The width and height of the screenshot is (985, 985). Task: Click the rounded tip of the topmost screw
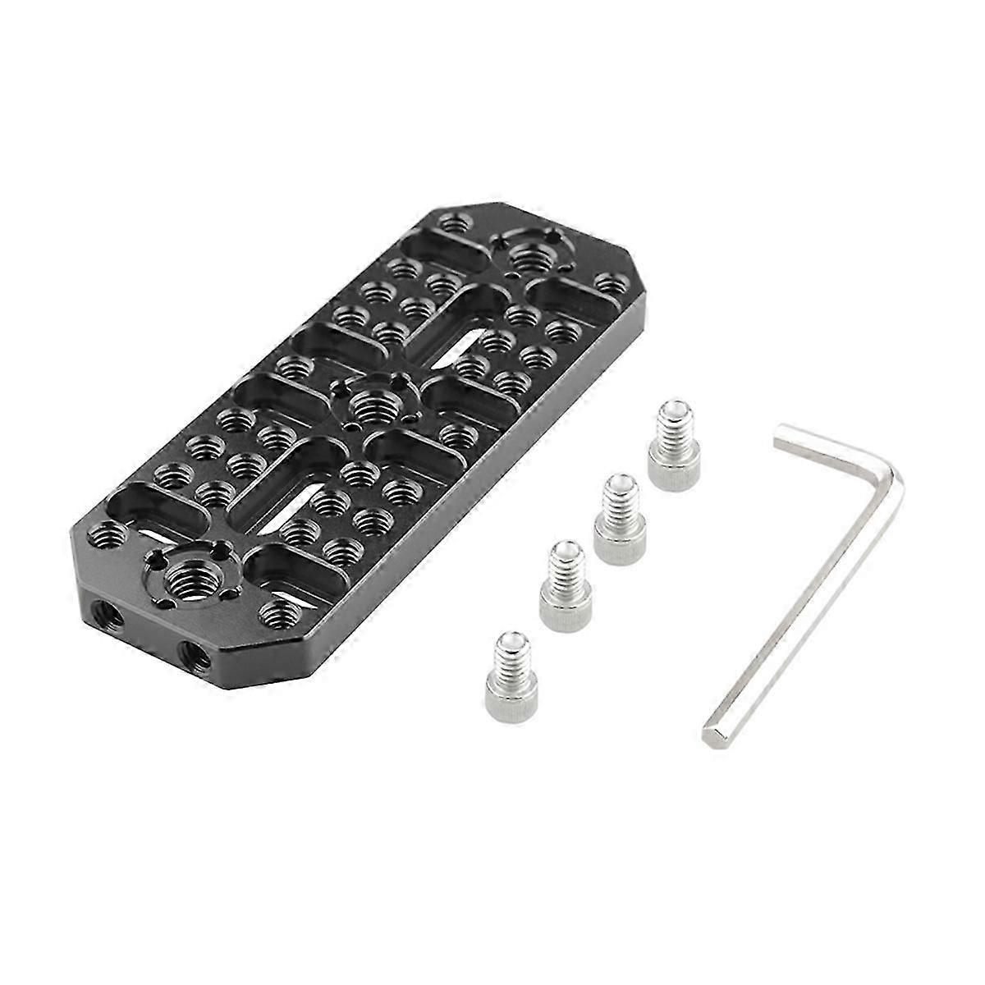pyautogui.click(x=675, y=409)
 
